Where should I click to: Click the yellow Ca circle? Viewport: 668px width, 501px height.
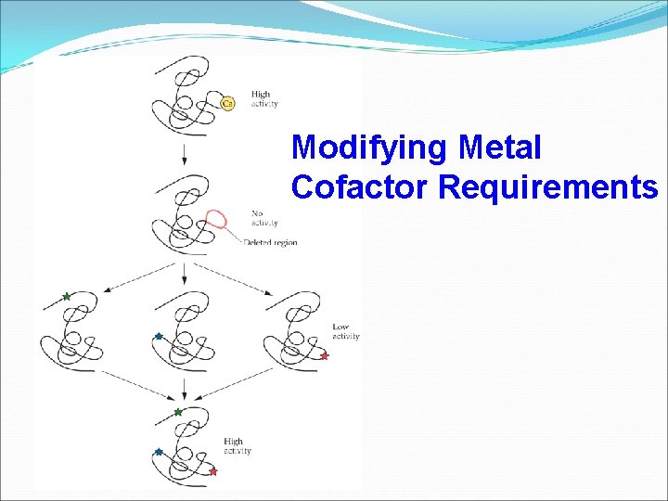228,103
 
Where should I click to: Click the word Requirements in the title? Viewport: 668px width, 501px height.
547,186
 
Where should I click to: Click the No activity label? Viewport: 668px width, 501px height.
264,218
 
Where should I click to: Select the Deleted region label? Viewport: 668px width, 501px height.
271,243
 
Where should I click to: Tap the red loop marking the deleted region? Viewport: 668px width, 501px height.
218,219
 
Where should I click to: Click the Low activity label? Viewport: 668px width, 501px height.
345,331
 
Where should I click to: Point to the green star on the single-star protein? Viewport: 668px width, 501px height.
66,296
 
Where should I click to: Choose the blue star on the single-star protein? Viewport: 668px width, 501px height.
159,336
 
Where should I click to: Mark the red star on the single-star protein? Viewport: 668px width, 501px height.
325,355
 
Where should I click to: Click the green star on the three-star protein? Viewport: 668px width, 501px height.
178,411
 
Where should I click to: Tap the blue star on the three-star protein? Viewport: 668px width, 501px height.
159,452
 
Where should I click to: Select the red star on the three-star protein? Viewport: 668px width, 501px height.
212,471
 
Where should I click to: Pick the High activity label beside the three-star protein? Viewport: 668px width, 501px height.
238,446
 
